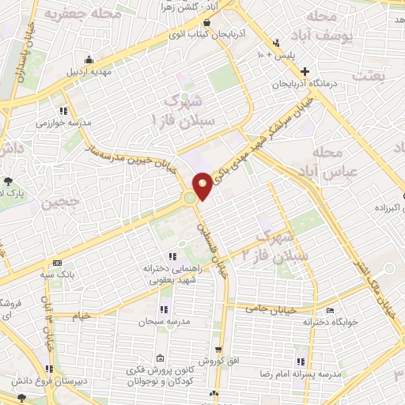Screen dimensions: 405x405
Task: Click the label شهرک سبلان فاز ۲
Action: tap(274, 248)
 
